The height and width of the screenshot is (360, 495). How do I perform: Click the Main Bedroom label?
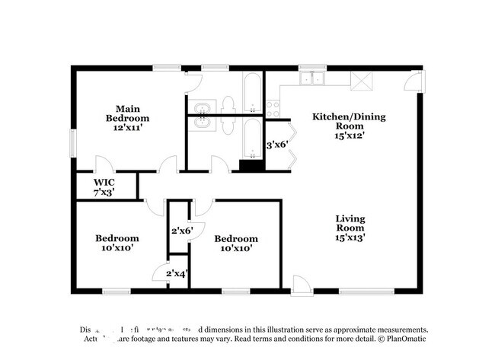[x=127, y=113]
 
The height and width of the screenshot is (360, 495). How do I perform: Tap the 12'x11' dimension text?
[x=127, y=129]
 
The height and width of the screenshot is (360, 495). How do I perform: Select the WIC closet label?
[x=104, y=183]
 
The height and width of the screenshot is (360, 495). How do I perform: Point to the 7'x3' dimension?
[x=104, y=193]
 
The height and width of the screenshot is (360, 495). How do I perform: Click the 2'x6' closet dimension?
[x=181, y=230]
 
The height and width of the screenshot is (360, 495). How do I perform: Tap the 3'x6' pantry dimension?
[x=276, y=144]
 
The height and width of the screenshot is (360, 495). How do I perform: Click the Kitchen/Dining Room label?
[x=350, y=122]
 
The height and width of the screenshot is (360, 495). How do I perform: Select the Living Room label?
[x=350, y=223]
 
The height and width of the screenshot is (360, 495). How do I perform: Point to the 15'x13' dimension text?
[x=350, y=237]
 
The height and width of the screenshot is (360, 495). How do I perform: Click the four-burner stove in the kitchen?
[x=273, y=108]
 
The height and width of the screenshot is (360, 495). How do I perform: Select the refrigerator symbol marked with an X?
[x=365, y=79]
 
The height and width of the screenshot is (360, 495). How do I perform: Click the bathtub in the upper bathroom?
[x=252, y=93]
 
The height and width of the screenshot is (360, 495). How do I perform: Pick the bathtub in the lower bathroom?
[x=252, y=142]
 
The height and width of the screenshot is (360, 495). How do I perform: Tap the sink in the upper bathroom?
[x=203, y=107]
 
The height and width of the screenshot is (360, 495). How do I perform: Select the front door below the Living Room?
[x=301, y=285]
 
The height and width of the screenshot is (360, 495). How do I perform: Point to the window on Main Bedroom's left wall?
[x=73, y=140]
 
